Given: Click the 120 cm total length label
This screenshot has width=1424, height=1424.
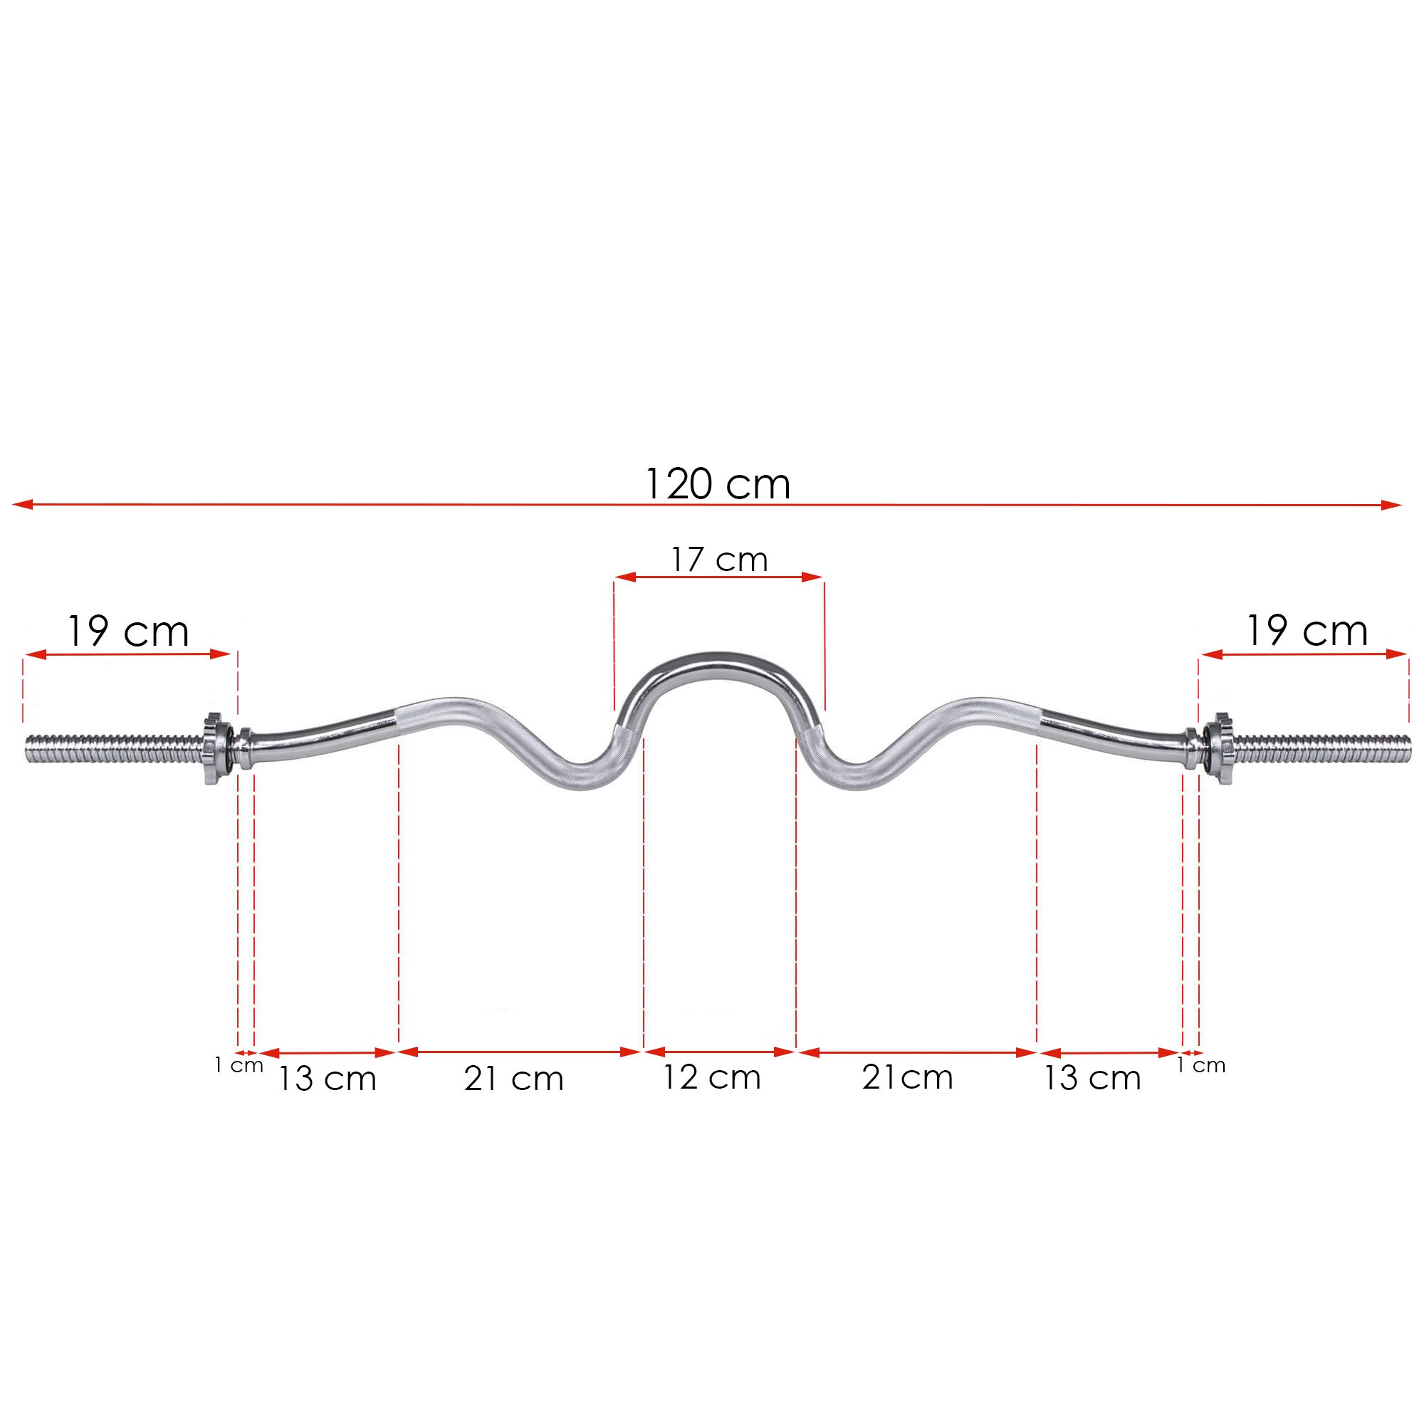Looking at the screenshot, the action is pyautogui.click(x=717, y=484).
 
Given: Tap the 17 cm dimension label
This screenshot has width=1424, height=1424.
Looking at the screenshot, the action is pyautogui.click(x=719, y=560).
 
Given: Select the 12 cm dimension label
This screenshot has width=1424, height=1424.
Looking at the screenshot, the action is pyautogui.click(x=712, y=1077).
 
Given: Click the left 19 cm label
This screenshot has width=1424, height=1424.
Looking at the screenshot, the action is pyautogui.click(x=128, y=632).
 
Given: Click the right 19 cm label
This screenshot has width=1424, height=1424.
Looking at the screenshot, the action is pyautogui.click(x=1307, y=631).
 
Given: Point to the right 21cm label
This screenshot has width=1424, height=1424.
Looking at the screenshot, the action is pyautogui.click(x=907, y=1077).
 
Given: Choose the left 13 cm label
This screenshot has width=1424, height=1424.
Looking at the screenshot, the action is pyautogui.click(x=328, y=1079).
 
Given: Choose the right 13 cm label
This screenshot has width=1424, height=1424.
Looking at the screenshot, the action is pyautogui.click(x=1092, y=1078).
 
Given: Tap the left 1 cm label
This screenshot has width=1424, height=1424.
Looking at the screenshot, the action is pyautogui.click(x=239, y=1065).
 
